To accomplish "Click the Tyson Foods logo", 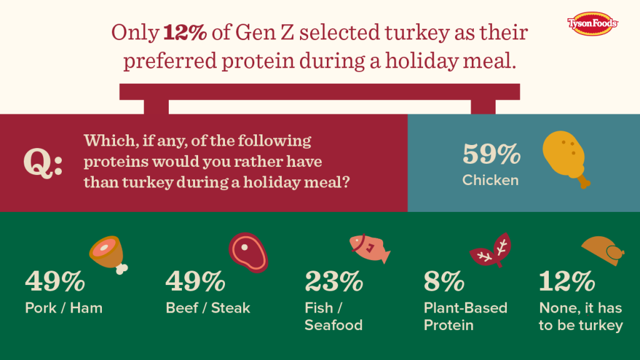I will tap(592, 23).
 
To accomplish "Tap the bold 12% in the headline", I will tap(186, 32).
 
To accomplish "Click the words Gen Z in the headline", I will tap(267, 32).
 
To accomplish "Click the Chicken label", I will tap(491, 181).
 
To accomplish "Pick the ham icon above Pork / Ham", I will tap(108, 254).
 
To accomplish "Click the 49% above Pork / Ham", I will tap(55, 282).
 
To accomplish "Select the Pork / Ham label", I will tap(63, 307).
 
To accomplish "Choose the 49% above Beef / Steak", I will tap(195, 282).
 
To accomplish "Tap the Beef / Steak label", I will tap(207, 307).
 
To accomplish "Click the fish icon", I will tap(369, 249).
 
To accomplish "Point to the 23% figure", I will tap(334, 282).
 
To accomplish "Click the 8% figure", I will tap(444, 282).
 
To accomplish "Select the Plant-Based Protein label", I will tap(465, 316).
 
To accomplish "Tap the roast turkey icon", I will tap(602, 249).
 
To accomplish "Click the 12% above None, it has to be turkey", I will tap(567, 282).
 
